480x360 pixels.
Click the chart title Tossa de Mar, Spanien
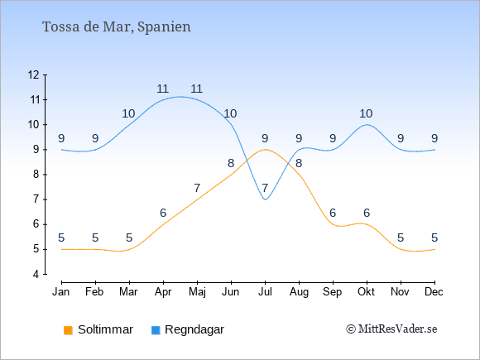click(x=117, y=26)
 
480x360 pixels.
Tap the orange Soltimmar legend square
click(x=68, y=330)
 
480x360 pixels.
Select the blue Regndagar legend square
click(x=156, y=330)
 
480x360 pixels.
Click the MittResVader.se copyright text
click(x=391, y=329)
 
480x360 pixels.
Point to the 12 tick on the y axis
click(x=34, y=74)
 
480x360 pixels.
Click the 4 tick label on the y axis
click(x=36, y=274)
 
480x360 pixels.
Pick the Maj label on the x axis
click(x=197, y=292)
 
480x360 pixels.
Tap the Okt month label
click(x=366, y=292)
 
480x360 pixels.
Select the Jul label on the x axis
click(x=265, y=292)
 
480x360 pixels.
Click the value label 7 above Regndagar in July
click(x=265, y=188)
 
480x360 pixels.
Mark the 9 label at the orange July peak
click(x=265, y=138)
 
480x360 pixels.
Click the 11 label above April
click(x=162, y=89)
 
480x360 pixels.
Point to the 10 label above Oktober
click(x=366, y=113)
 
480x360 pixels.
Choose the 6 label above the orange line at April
click(x=163, y=213)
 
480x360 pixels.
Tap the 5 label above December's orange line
click(x=434, y=238)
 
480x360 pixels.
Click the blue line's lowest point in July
click(x=265, y=199)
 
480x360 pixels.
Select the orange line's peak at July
click(x=265, y=150)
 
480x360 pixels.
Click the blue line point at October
click(x=367, y=125)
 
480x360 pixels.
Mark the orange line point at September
click(x=333, y=224)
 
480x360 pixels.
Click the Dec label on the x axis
click(x=434, y=292)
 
